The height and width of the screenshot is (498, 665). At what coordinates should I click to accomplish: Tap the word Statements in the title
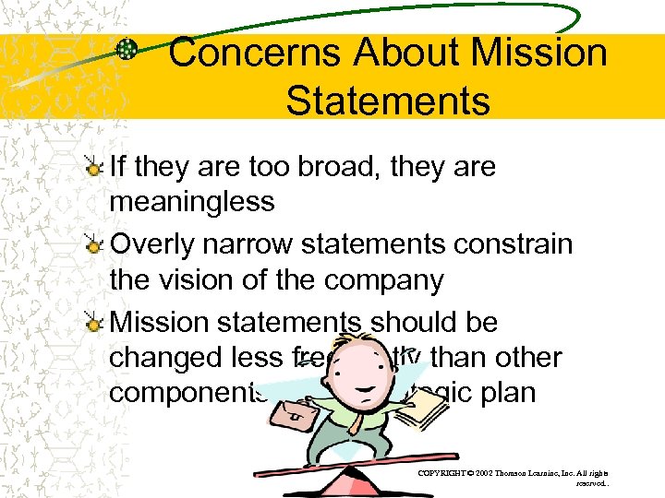coord(388,101)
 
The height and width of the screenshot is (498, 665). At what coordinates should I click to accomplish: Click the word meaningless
coord(192,201)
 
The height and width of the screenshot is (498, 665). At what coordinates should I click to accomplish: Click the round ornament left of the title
coord(129,50)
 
